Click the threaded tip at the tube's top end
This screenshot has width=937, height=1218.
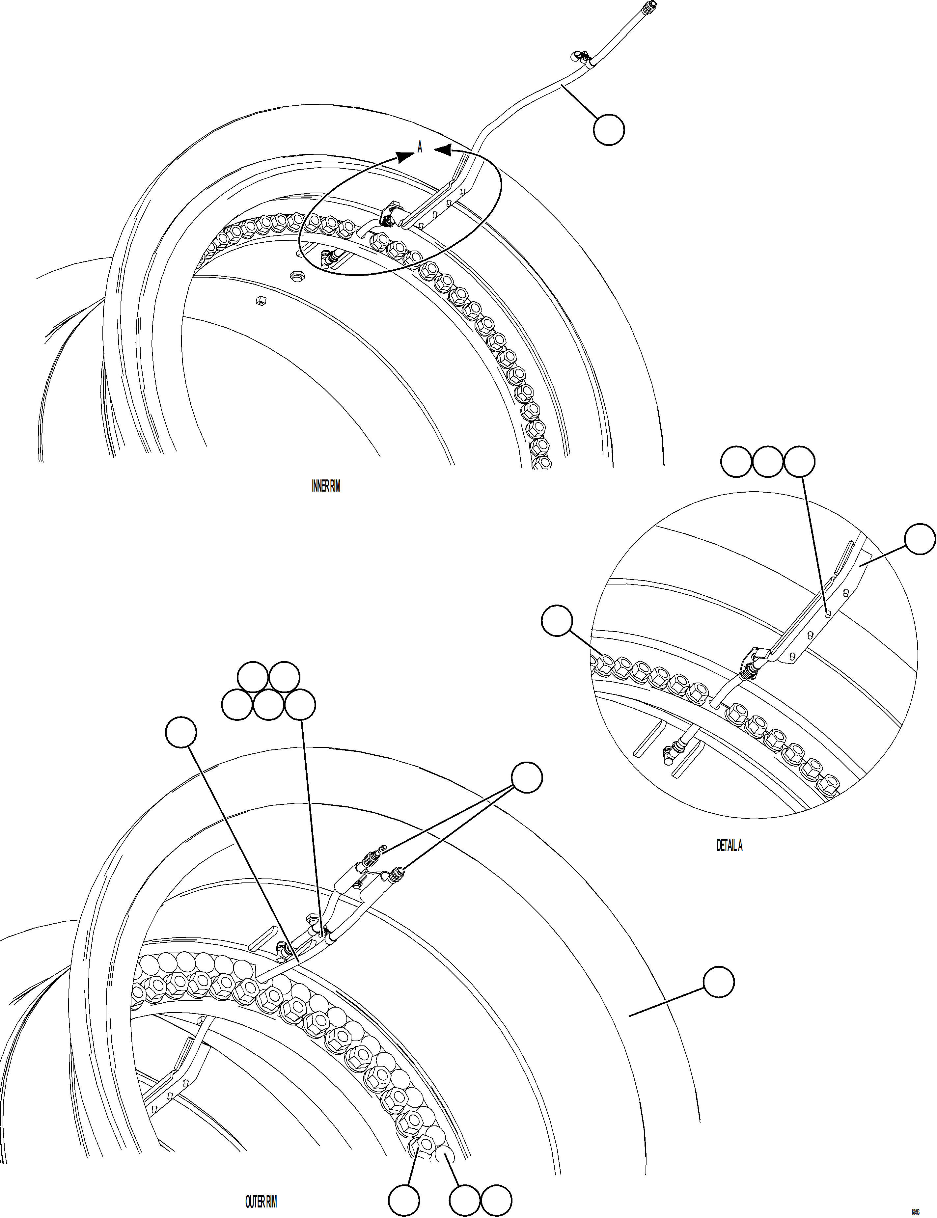point(650,7)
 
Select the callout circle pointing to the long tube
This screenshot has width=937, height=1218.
point(609,130)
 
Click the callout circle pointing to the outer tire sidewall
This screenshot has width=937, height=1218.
point(718,983)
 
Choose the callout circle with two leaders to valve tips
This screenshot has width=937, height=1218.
point(527,778)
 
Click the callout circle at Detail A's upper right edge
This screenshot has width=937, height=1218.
point(919,539)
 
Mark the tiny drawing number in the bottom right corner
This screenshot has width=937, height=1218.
point(915,1211)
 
